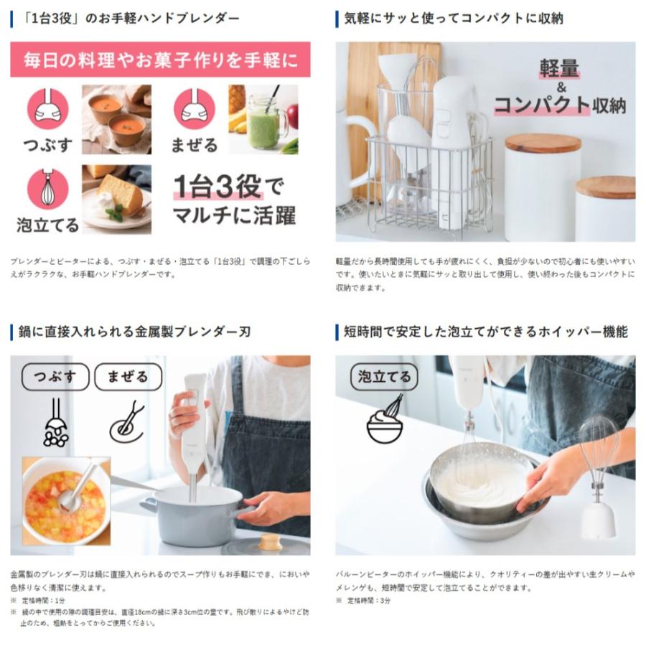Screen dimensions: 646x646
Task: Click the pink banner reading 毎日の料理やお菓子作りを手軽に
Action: tap(160, 60)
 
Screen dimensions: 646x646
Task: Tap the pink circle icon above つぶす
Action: tap(48, 109)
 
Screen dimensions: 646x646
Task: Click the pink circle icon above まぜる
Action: tap(194, 109)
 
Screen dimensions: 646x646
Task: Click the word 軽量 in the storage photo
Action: tap(559, 70)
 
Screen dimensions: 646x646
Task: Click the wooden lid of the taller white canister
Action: tap(543, 142)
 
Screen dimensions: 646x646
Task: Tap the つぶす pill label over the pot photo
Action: tap(55, 377)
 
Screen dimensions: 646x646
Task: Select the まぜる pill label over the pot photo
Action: tap(128, 377)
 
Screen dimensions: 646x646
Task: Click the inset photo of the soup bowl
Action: tap(65, 500)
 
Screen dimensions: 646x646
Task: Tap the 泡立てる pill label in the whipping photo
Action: tap(384, 377)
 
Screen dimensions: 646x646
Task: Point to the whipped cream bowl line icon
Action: tap(385, 422)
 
